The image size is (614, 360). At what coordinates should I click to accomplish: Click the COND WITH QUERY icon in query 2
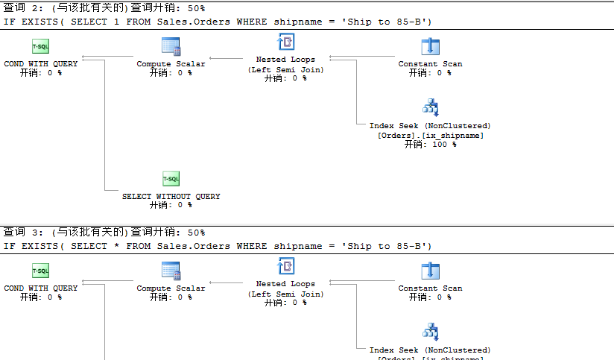coord(40,46)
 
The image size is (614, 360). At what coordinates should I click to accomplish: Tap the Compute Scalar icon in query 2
coord(171,46)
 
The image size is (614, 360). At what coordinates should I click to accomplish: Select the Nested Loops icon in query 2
coord(285,42)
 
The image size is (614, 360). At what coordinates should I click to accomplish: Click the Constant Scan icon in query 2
coord(430,46)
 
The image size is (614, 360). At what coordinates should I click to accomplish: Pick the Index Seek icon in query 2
coord(430,107)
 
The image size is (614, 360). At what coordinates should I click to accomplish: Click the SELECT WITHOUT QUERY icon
coord(171,179)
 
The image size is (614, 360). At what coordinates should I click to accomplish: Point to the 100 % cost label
coord(430,145)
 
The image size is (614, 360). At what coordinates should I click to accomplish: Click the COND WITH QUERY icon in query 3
coord(40,271)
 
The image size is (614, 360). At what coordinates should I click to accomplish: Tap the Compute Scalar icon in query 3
coord(171,271)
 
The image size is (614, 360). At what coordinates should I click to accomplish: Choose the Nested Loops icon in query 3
coord(285,267)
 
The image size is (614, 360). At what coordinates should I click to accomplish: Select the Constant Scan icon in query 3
coord(430,271)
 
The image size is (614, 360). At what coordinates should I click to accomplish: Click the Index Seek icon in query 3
coord(430,331)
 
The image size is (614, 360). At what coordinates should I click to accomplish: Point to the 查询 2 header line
coord(104,8)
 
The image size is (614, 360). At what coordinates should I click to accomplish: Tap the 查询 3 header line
coord(104,233)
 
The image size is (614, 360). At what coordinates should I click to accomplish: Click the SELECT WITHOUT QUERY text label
coord(171,197)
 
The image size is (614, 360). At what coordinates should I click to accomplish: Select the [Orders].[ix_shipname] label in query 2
coord(430,136)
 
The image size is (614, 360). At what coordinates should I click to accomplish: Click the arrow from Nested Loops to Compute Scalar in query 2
coord(228,57)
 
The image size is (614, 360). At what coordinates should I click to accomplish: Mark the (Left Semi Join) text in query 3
coord(285,294)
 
